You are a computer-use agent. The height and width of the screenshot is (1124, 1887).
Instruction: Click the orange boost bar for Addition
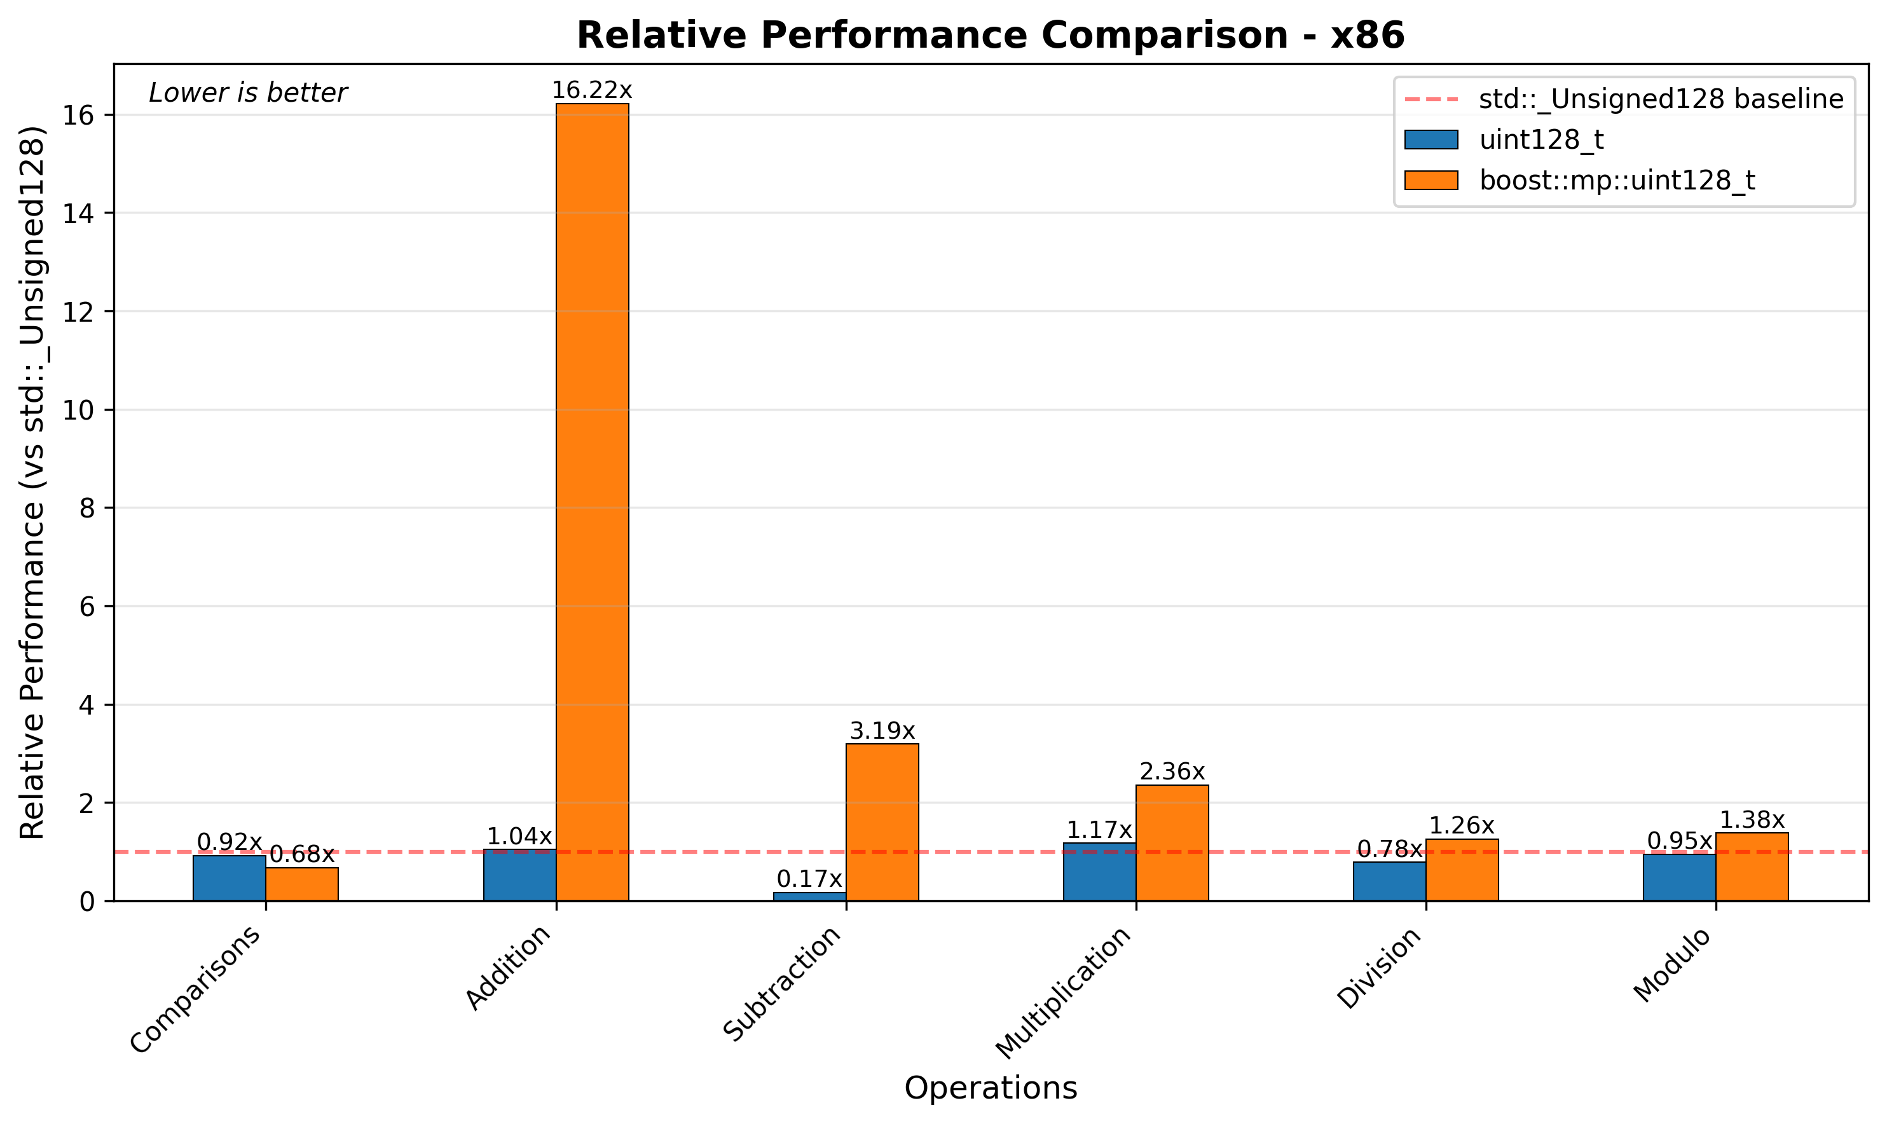pyautogui.click(x=592, y=500)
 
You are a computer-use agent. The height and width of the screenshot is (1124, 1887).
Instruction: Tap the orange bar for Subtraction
pyautogui.click(x=882, y=822)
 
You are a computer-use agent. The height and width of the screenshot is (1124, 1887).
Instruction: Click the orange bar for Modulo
pyautogui.click(x=1752, y=867)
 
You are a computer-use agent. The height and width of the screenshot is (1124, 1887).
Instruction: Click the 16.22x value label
pyautogui.click(x=591, y=91)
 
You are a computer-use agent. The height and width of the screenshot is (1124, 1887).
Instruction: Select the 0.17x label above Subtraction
pyautogui.click(x=809, y=879)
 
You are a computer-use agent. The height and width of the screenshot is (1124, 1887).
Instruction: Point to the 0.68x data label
pyautogui.click(x=301, y=855)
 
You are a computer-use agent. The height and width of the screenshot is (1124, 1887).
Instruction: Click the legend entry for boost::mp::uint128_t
pyautogui.click(x=1616, y=181)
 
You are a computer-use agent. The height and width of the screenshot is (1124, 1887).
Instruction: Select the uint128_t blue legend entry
pyautogui.click(x=1541, y=140)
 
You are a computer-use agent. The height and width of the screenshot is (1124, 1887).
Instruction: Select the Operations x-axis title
pyautogui.click(x=990, y=1088)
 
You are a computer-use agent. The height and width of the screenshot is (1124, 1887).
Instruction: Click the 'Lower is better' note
pyautogui.click(x=247, y=93)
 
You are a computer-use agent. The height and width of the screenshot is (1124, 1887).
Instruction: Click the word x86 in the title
pyautogui.click(x=1368, y=36)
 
